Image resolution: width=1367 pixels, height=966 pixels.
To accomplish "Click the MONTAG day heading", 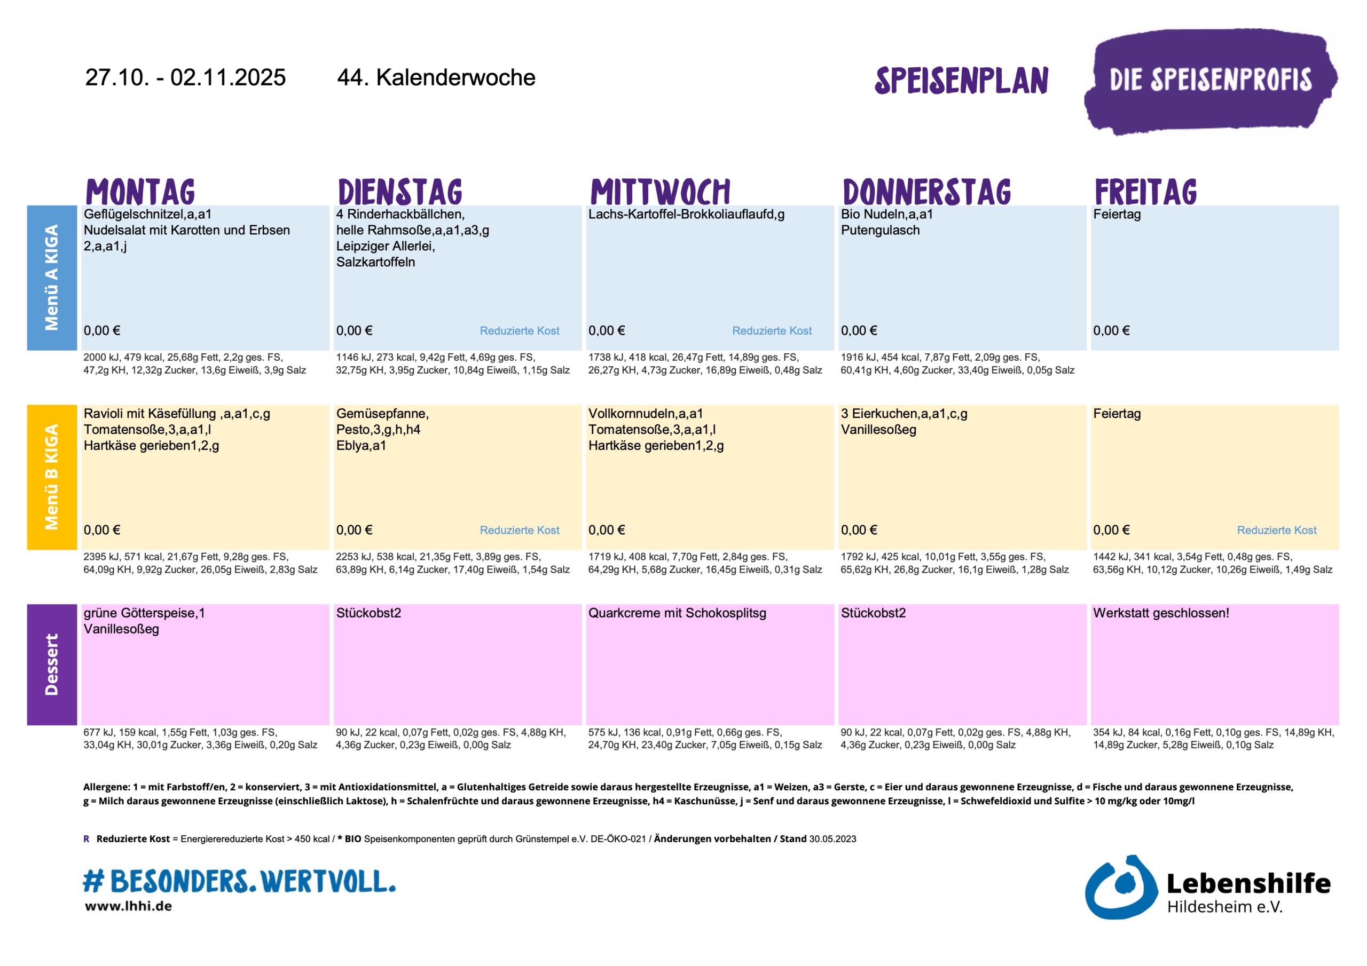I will tap(140, 192).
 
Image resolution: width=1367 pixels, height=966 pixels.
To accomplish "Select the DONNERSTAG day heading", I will tap(926, 192).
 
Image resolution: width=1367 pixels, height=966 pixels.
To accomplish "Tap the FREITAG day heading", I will tap(1145, 192).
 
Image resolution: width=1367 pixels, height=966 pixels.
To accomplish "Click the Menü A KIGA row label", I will tap(52, 278).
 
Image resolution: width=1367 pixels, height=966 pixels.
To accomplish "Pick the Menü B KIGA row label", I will tap(52, 477).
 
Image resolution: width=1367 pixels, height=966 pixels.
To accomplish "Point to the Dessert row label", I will tap(52, 664).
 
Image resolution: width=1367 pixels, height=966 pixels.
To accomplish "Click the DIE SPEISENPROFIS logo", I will tap(1210, 81).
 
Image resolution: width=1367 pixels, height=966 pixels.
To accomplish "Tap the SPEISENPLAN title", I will tap(961, 81).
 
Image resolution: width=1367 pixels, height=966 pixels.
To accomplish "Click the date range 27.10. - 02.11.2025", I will tap(185, 78).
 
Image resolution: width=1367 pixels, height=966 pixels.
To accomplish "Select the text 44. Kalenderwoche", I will tap(436, 78).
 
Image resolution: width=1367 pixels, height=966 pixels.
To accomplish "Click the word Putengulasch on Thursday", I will tap(880, 231).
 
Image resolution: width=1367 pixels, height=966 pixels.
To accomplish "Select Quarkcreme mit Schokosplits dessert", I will tap(677, 613).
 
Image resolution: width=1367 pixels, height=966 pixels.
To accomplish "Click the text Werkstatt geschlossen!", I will tap(1160, 613).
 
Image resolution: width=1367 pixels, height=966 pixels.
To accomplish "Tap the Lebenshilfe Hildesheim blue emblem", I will tap(1120, 888).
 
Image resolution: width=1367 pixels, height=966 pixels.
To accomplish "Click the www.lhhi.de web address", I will tap(129, 906).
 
